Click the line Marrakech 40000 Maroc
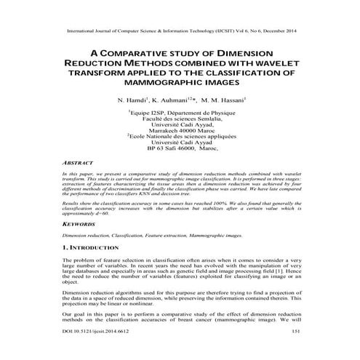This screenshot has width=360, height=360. click(x=180, y=129)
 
